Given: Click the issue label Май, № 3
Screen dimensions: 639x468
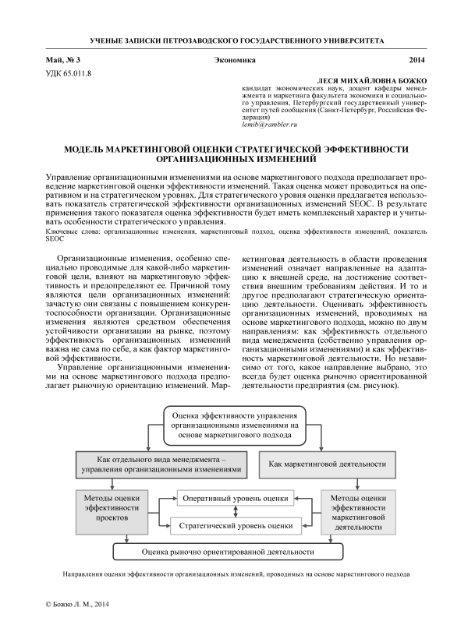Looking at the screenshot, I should (x=64, y=59).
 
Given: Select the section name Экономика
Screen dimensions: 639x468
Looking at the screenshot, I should (x=234, y=59).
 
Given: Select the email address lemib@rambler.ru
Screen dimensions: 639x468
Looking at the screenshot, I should (x=271, y=125).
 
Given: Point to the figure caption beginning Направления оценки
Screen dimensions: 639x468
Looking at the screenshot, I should (x=234, y=574).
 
